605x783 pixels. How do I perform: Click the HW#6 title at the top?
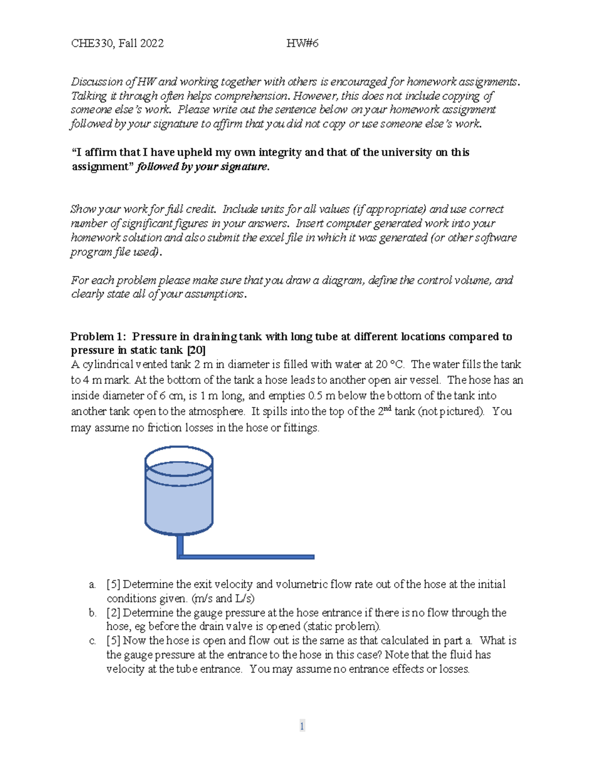[302, 43]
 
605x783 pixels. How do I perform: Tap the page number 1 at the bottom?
[302, 726]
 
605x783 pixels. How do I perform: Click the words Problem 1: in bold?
[98, 337]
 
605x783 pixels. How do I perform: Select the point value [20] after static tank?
[196, 350]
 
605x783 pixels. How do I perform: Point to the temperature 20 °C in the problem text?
[388, 365]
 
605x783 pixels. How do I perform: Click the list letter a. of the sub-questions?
[92, 585]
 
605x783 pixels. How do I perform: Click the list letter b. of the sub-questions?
[92, 613]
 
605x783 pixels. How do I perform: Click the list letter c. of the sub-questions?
[92, 641]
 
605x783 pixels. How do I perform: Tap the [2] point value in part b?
[113, 613]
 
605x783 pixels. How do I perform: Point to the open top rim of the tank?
[179, 448]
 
